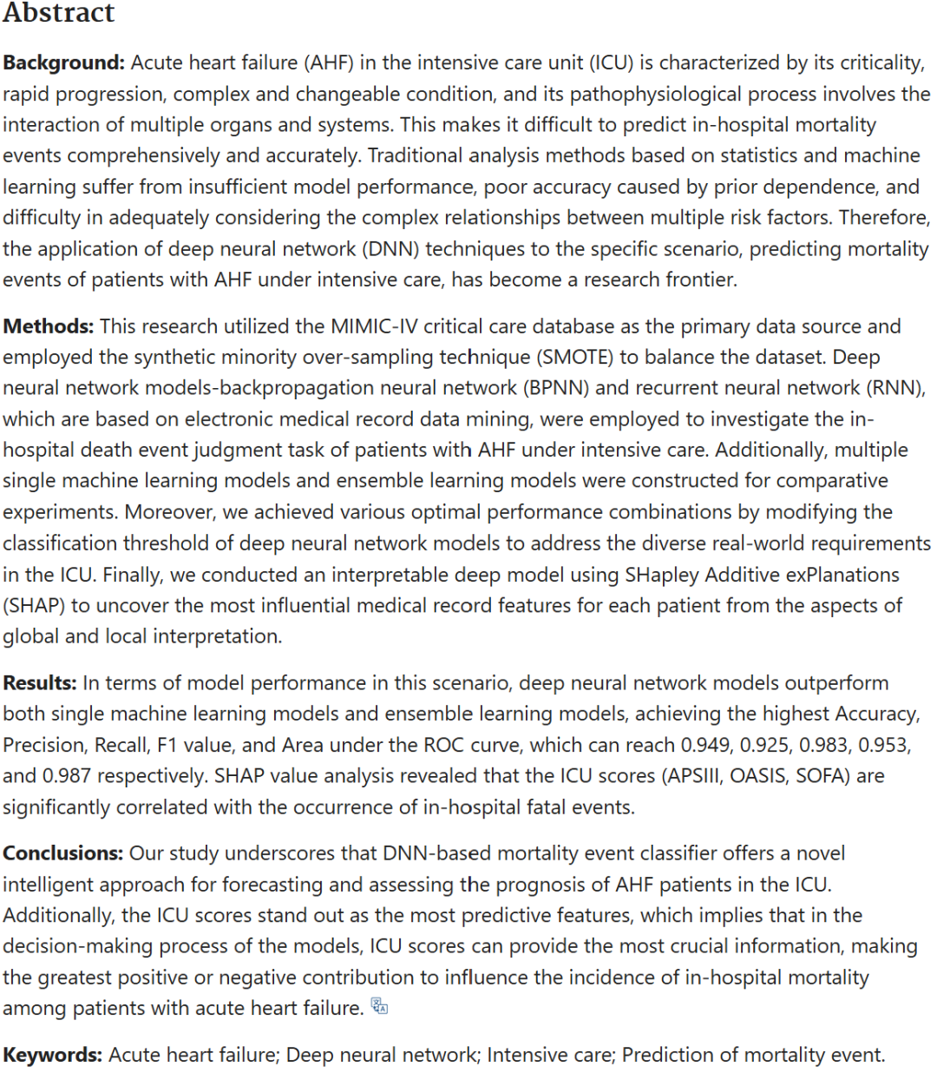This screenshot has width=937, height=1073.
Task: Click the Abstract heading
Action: (58, 13)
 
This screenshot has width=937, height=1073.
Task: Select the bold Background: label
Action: (64, 63)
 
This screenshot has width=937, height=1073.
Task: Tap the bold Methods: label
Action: (49, 326)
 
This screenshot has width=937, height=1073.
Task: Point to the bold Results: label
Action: (40, 683)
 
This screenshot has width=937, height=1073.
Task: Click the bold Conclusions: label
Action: (63, 853)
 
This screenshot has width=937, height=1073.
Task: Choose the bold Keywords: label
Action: (53, 1055)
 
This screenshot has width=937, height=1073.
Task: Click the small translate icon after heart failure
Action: (379, 1006)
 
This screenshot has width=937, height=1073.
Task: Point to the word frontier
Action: (700, 280)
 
